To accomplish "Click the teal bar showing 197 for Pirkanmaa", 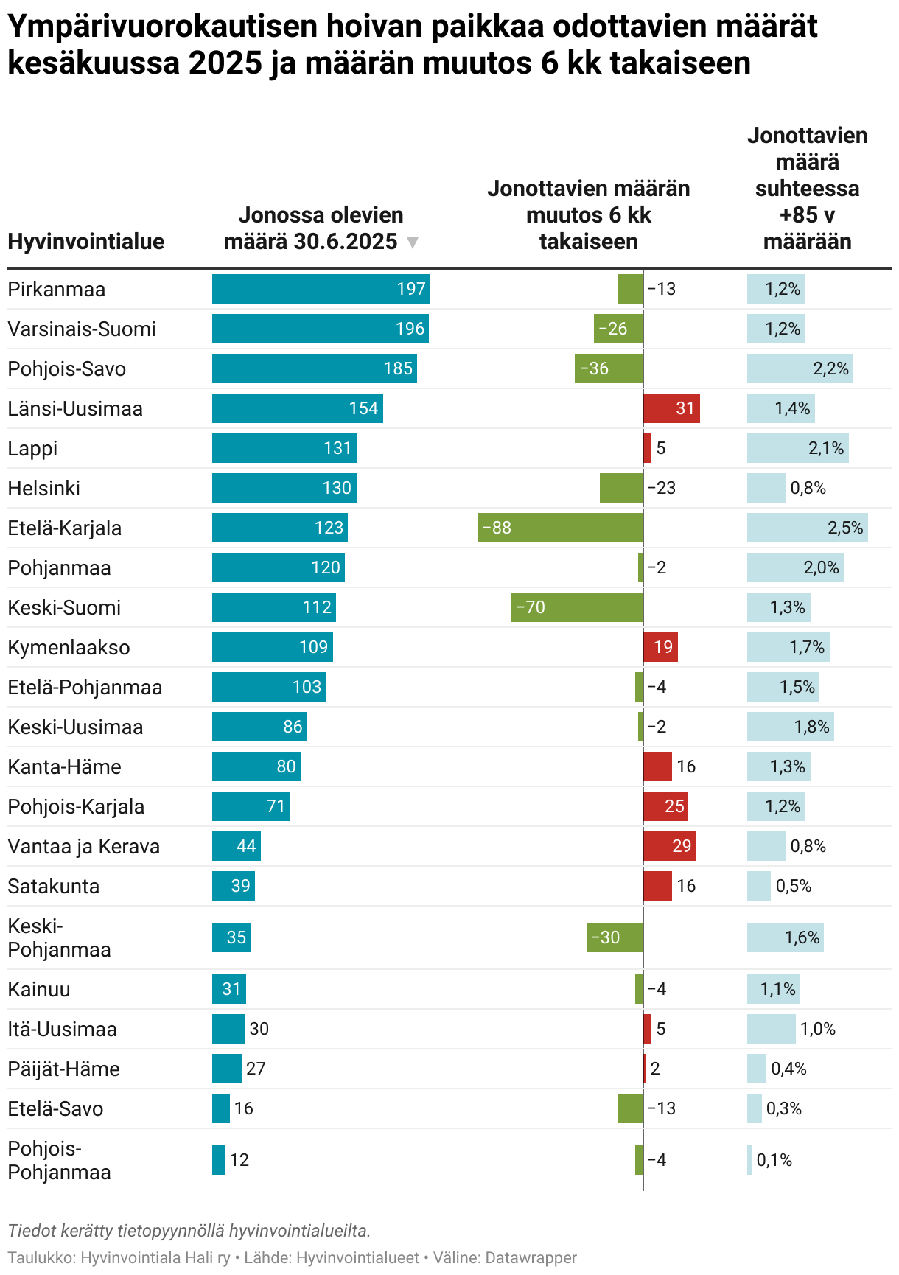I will pyautogui.click(x=321, y=289).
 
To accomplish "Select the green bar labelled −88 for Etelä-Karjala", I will pyautogui.click(x=560, y=528).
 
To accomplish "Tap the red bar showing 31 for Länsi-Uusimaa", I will pyautogui.click(x=671, y=408).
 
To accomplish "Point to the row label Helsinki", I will pyautogui.click(x=44, y=488).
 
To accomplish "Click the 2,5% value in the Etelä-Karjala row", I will pyautogui.click(x=845, y=528).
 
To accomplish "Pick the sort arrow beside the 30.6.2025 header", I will pyautogui.click(x=413, y=242).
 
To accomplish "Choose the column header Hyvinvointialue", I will pyautogui.click(x=86, y=242).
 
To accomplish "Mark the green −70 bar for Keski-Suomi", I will pyautogui.click(x=577, y=607).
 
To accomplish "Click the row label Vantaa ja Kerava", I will pyautogui.click(x=84, y=846).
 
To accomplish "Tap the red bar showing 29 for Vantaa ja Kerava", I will pyautogui.click(x=669, y=846).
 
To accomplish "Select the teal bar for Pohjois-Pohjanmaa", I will pyautogui.click(x=219, y=1160).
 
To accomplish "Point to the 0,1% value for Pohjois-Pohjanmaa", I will pyautogui.click(x=774, y=1160).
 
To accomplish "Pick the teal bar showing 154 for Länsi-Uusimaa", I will pyautogui.click(x=298, y=408).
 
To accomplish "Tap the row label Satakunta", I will pyautogui.click(x=54, y=886).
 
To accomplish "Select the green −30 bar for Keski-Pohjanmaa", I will pyautogui.click(x=615, y=937).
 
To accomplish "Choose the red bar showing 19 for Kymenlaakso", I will pyautogui.click(x=660, y=647).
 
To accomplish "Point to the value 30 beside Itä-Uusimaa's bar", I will pyautogui.click(x=259, y=1029).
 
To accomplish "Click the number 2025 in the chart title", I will pyautogui.click(x=225, y=63).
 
